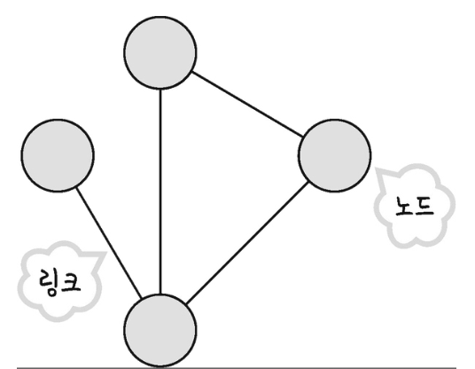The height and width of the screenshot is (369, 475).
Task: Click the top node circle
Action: pyautogui.click(x=160, y=52)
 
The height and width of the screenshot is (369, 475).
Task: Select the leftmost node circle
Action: pyautogui.click(x=58, y=155)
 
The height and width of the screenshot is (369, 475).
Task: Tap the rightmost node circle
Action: pyautogui.click(x=334, y=155)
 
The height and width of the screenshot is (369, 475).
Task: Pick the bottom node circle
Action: pyautogui.click(x=160, y=331)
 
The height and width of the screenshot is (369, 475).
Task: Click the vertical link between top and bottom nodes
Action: pyautogui.click(x=160, y=192)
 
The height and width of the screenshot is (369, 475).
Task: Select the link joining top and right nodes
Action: pyautogui.click(x=247, y=104)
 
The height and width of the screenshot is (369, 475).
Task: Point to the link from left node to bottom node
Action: pyautogui.click(x=109, y=243)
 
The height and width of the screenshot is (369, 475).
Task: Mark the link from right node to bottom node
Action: pyautogui.click(x=247, y=243)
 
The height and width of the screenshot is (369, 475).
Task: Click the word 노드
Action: pyautogui.click(x=415, y=206)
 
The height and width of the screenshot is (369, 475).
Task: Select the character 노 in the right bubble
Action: pyautogui.click(x=405, y=206)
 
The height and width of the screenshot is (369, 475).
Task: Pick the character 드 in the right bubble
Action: pyautogui.click(x=424, y=207)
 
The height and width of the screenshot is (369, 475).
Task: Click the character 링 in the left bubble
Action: pyautogui.click(x=49, y=283)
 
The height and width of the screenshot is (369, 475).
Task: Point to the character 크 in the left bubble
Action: pyautogui.click(x=71, y=282)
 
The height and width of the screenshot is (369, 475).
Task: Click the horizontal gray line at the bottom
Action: pyautogui.click(x=237, y=368)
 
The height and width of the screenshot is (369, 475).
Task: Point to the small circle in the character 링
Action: pyautogui.click(x=52, y=291)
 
